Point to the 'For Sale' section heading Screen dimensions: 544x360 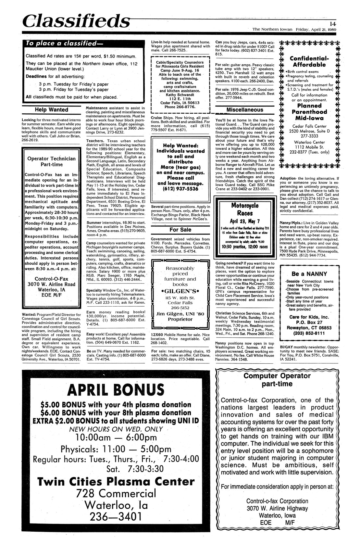click(180, 230)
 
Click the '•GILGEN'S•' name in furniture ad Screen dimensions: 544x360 click(180, 290)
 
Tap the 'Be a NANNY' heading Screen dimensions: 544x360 click(309, 274)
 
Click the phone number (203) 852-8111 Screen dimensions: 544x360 click(309, 333)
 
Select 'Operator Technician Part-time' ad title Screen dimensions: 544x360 click(51, 161)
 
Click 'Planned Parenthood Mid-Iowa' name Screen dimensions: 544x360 click(309, 112)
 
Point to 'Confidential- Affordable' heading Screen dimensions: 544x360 click(309, 61)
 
